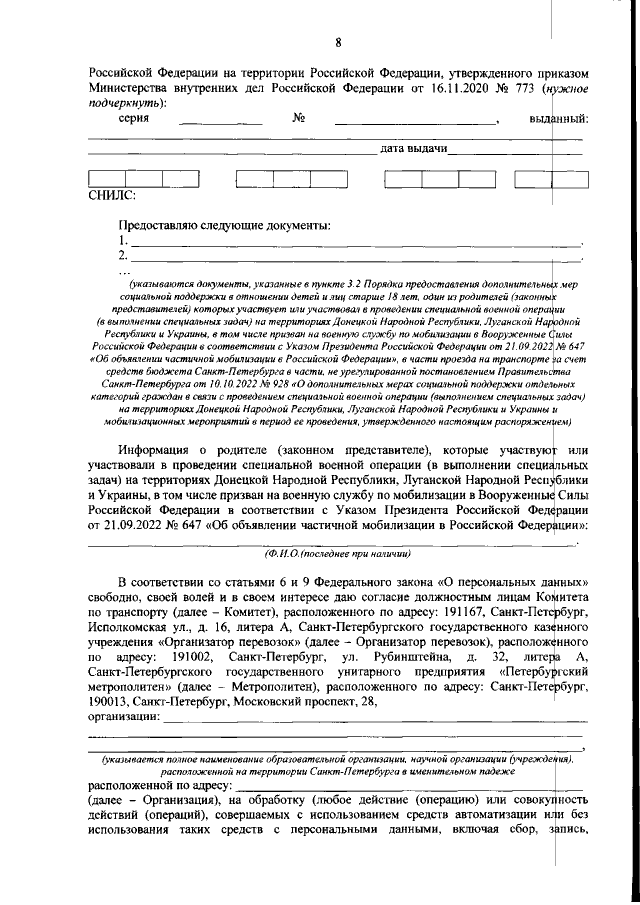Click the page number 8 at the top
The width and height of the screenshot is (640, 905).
(x=338, y=42)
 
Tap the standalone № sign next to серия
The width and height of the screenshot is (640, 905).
(x=297, y=119)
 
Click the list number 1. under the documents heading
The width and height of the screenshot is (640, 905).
(x=124, y=241)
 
